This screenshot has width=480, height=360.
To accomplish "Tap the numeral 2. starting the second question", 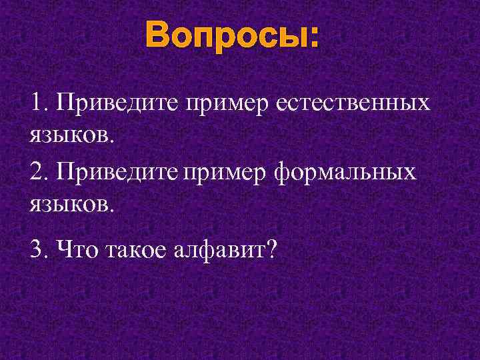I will pyautogui.click(x=39, y=172).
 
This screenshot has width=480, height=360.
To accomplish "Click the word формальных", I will pyautogui.click(x=344, y=173).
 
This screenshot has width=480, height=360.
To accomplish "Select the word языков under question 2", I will pyautogui.click(x=69, y=204).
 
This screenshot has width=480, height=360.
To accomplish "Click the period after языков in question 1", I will pyautogui.click(x=112, y=140).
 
